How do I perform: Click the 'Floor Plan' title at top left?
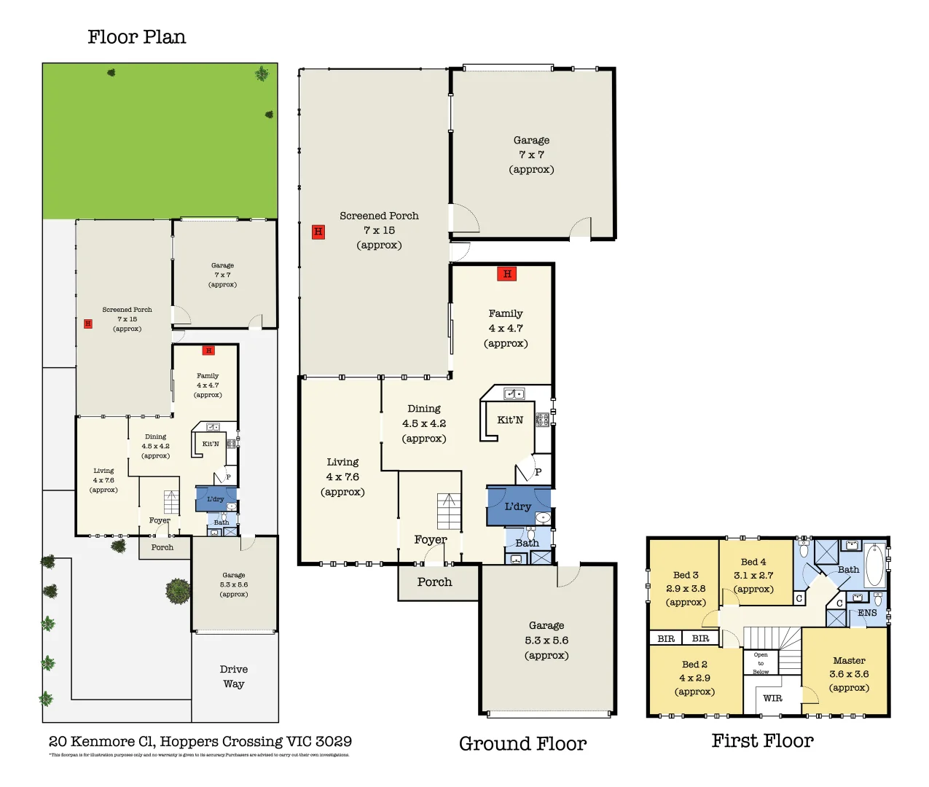[x=136, y=37]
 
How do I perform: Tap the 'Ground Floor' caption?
[x=522, y=743]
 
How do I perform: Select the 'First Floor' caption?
[x=762, y=740]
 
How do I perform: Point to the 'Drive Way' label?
[x=234, y=676]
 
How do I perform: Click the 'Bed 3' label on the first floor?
[x=686, y=575]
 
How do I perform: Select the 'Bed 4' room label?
[x=753, y=562]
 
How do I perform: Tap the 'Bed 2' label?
[x=694, y=665]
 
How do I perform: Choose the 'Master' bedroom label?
[x=849, y=660]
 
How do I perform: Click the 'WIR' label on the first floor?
[x=772, y=698]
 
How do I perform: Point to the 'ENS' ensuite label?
[x=867, y=613]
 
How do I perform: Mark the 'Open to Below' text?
[x=761, y=663]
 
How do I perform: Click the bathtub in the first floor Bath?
[x=874, y=565]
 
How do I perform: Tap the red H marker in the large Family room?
[x=507, y=273]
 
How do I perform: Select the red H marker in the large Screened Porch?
[x=318, y=232]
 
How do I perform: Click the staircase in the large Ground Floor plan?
[x=449, y=512]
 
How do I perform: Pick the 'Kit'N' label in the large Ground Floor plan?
[x=510, y=420]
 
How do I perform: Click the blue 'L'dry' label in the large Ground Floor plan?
[x=518, y=506]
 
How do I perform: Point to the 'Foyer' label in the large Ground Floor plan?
[x=431, y=540]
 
